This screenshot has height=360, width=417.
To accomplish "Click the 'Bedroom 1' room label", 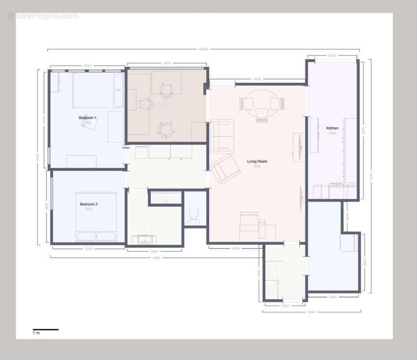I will (87, 118).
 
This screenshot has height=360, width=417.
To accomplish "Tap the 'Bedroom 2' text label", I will (89, 204).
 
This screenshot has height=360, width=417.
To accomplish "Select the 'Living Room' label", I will (257, 161).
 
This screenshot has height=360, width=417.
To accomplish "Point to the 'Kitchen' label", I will (332, 128).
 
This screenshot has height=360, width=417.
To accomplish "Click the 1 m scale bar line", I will (45, 329).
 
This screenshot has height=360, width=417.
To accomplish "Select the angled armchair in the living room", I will (224, 168).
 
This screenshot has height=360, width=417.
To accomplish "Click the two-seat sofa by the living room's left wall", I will (223, 136).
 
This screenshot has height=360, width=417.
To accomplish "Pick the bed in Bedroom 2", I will (96, 216).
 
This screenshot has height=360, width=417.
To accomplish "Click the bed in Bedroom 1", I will (98, 90).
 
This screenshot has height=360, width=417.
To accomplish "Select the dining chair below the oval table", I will (262, 115).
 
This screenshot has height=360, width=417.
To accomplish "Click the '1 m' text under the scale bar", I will (36, 333).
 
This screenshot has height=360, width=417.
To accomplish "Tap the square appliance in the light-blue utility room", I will (348, 243).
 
